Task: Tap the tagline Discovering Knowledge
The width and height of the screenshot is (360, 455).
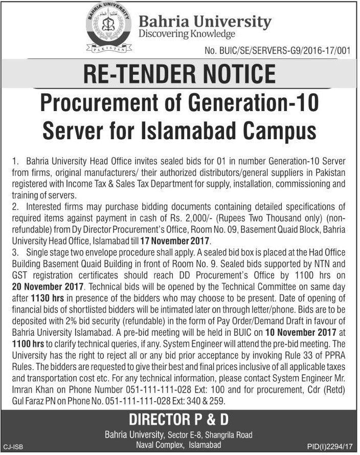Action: (x=187, y=34)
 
